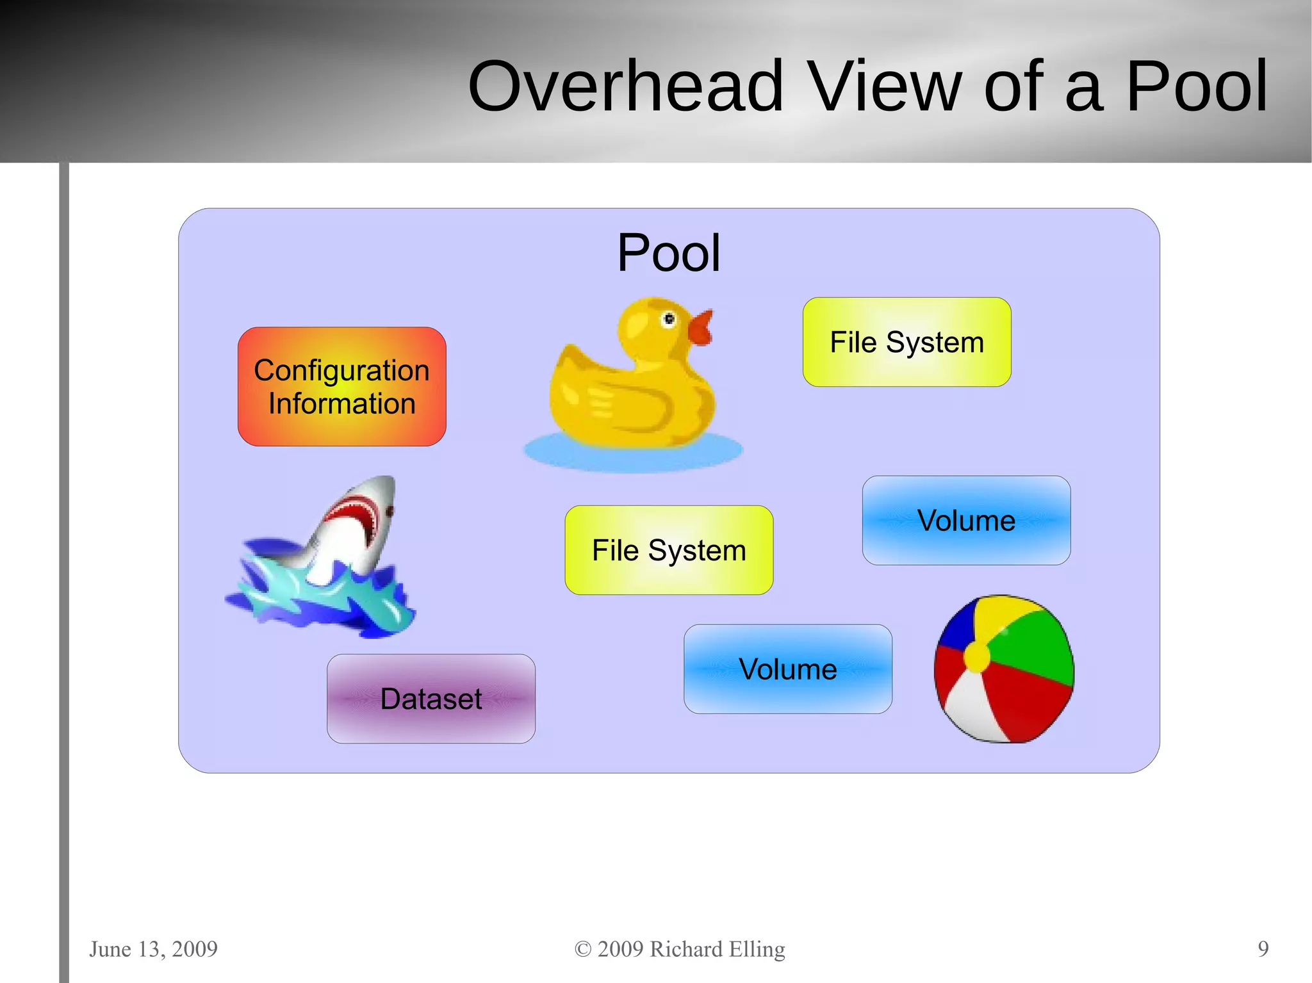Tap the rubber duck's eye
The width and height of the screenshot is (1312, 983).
pyautogui.click(x=669, y=318)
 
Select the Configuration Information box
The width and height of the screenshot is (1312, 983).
pyautogui.click(x=341, y=387)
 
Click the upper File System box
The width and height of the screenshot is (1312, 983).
pyautogui.click(x=906, y=342)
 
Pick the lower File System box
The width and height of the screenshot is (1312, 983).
pyautogui.click(x=669, y=550)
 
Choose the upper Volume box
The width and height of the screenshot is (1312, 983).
pyautogui.click(x=966, y=520)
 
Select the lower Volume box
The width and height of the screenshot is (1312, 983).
pyautogui.click(x=787, y=669)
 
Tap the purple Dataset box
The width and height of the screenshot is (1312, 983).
pyautogui.click(x=430, y=699)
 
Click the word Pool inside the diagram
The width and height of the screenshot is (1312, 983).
pyautogui.click(x=668, y=253)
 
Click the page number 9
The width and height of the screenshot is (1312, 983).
pyautogui.click(x=1263, y=948)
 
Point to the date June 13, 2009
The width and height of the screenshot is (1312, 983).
pyautogui.click(x=153, y=948)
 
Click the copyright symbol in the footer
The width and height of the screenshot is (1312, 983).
pyautogui.click(x=582, y=949)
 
